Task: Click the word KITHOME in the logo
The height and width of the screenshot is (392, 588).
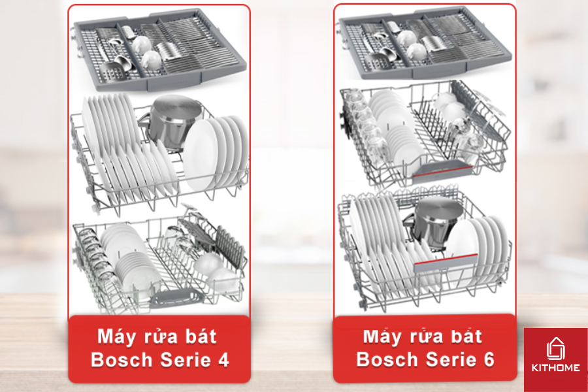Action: (x=555, y=368)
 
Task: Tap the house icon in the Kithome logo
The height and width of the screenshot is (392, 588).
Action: (x=555, y=348)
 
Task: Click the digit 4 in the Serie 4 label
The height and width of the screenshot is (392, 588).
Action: (x=223, y=360)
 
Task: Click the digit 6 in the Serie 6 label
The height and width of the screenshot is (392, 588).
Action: (x=489, y=359)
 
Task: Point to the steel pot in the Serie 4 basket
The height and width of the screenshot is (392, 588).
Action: (x=171, y=121)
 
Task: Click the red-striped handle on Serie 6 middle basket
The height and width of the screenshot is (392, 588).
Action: (x=442, y=171)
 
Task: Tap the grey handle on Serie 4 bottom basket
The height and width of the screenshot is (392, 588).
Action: (x=176, y=297)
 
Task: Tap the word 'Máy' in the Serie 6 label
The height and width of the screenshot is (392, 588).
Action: (x=380, y=336)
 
